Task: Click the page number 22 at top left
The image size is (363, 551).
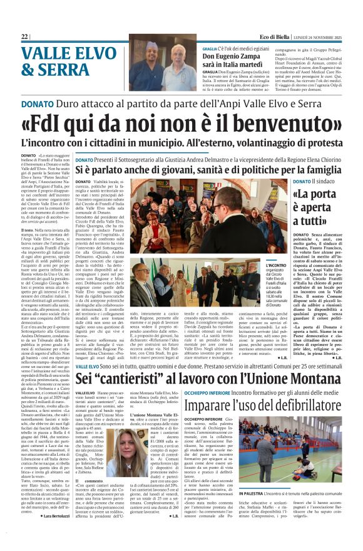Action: click(x=24, y=36)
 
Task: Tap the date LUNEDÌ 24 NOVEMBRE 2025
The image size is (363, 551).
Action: click(x=318, y=37)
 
